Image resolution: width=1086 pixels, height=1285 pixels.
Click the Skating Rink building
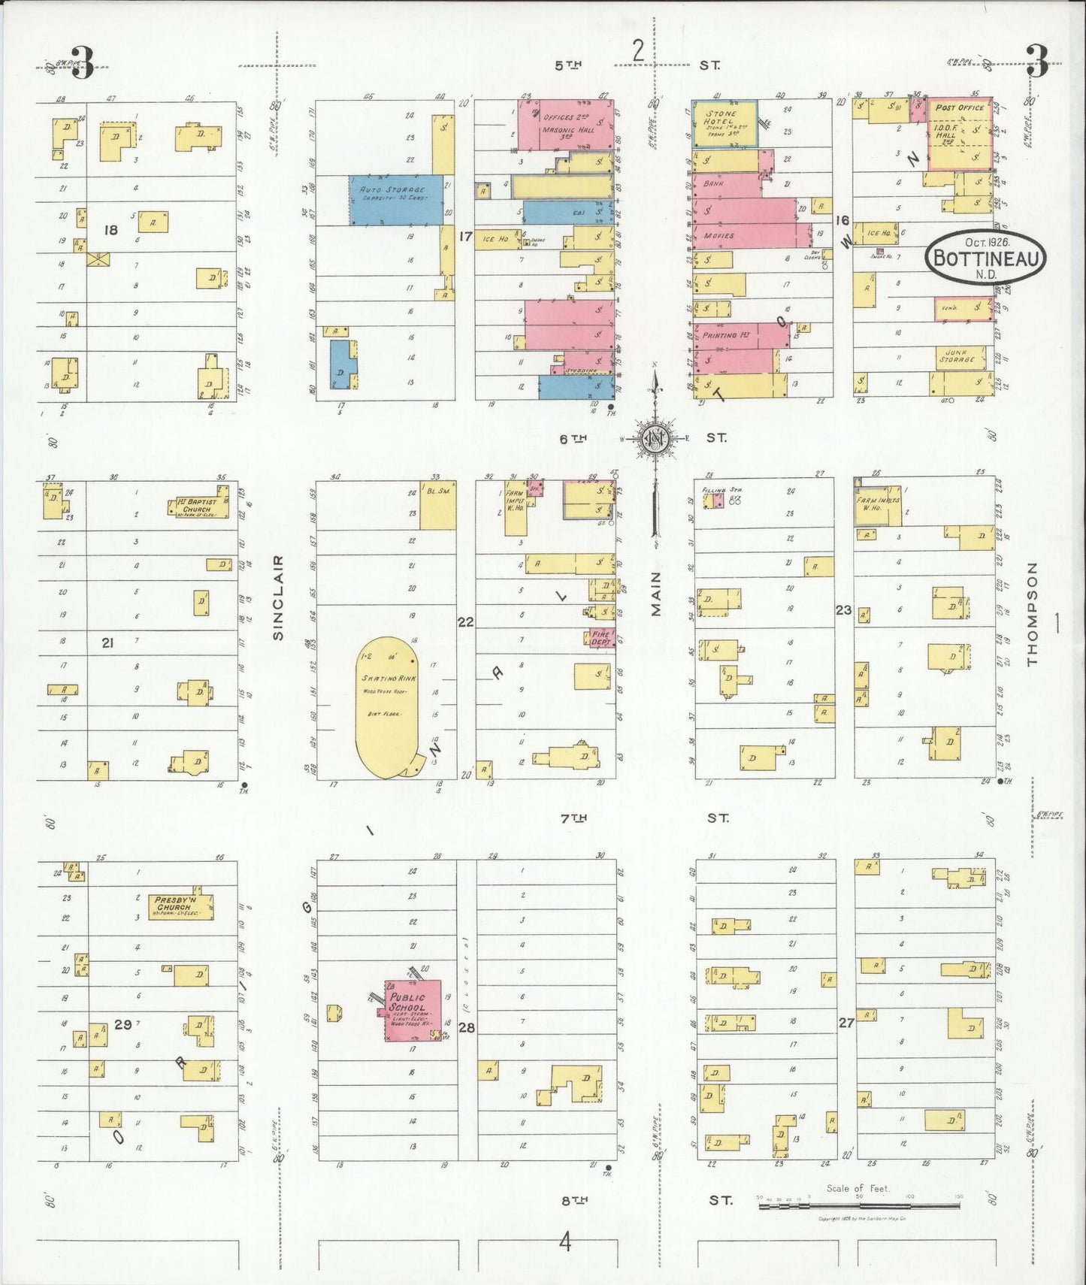(388, 706)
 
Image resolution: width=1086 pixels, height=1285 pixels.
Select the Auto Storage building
(395, 200)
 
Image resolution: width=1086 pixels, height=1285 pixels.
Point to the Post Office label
(959, 107)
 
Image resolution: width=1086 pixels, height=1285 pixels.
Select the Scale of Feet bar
(858, 1205)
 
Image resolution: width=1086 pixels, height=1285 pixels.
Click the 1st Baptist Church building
(199, 506)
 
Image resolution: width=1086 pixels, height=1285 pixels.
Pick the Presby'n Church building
(181, 907)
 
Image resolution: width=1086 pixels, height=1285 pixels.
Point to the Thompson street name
(1032, 613)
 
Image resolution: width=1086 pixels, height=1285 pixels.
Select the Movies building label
(719, 235)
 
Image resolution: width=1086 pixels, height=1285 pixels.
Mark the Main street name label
(656, 594)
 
